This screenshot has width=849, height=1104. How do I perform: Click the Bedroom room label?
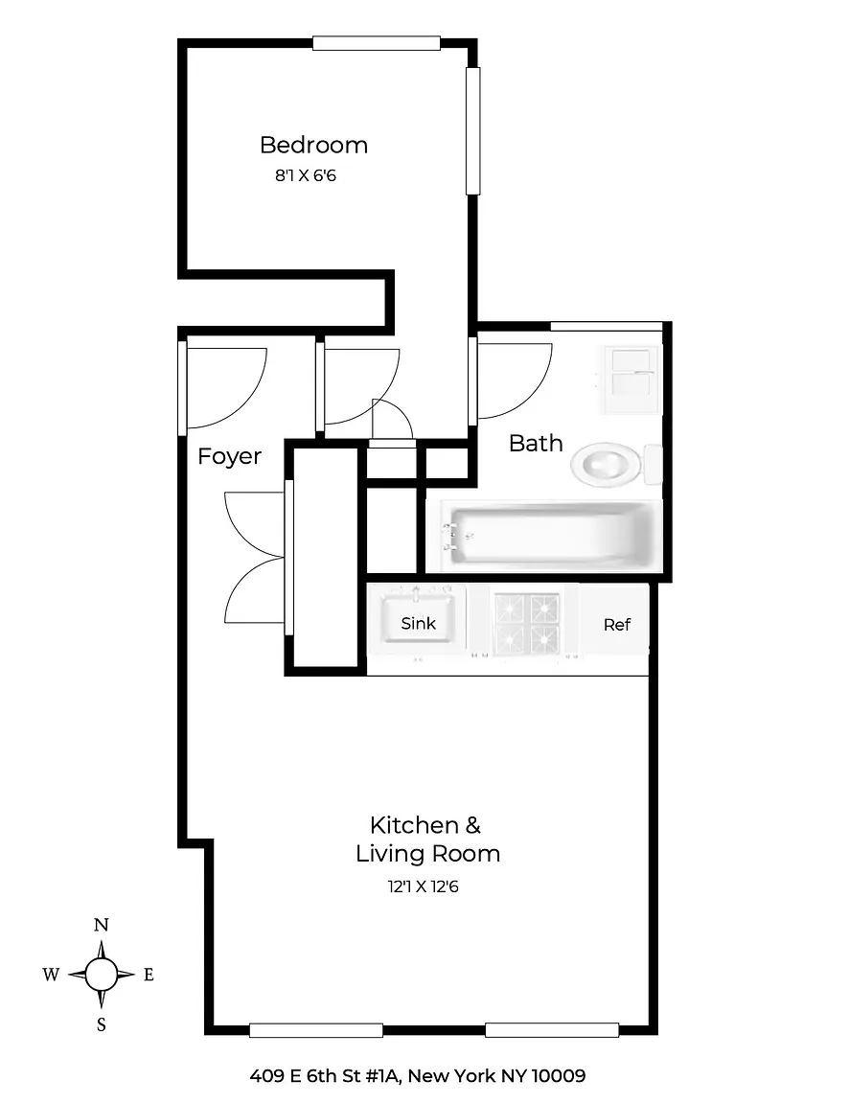coord(313,145)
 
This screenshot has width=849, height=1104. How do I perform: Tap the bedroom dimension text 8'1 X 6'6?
coord(306,175)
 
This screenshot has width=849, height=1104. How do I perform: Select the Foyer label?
coord(229,456)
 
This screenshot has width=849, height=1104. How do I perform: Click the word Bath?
coord(536,444)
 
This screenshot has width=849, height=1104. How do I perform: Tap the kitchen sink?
coord(418,617)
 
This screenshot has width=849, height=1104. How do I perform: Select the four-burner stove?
coord(527,622)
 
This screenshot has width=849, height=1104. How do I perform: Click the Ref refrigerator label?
coord(617,625)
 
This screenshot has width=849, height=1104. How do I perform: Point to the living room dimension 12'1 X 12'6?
coord(424,886)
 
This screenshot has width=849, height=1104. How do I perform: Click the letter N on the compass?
coord(102,925)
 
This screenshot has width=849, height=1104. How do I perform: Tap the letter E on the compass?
coord(149,976)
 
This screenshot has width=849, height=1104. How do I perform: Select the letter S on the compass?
coord(102,1025)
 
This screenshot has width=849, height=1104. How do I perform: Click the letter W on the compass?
coord(51,976)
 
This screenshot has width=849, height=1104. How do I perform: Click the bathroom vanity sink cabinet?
coord(631,379)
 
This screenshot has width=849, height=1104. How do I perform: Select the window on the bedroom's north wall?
coord(377,44)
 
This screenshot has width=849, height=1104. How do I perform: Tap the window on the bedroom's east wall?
coord(473,131)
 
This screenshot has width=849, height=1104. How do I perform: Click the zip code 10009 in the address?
coord(559,1076)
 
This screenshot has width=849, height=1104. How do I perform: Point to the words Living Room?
coord(428,854)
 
